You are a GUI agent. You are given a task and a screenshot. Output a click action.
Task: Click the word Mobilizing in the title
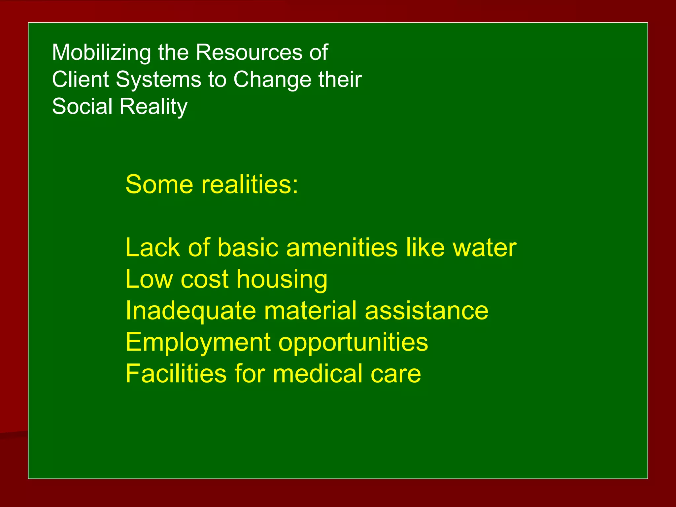[x=101, y=53]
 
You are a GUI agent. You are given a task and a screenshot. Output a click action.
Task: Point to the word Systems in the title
[x=158, y=80]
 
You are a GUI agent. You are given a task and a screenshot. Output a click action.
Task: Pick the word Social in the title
[x=82, y=107]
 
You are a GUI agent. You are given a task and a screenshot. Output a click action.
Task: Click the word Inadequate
[x=191, y=311]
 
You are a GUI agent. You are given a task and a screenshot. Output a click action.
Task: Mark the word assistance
[x=426, y=311]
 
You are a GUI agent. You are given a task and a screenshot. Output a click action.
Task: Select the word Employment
[x=198, y=343]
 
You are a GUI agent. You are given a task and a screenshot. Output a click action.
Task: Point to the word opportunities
[x=353, y=343]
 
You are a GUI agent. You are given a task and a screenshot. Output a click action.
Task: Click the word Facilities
[x=176, y=373]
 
